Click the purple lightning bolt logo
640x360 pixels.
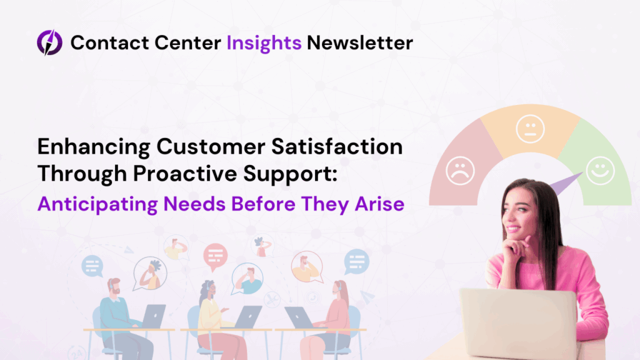[x=49, y=42]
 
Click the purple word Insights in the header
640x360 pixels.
[x=264, y=43]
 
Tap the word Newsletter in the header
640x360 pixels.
[x=359, y=42]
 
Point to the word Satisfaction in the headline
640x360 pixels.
[x=337, y=146]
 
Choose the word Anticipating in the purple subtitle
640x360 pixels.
[x=97, y=204]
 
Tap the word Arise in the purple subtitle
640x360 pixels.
[x=379, y=204]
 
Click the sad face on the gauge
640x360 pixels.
[x=460, y=171]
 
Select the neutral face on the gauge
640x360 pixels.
[x=530, y=129]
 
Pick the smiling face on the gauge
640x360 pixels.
[x=601, y=171]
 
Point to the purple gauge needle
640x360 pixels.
[x=566, y=183]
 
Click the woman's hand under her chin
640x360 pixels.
[x=515, y=249]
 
